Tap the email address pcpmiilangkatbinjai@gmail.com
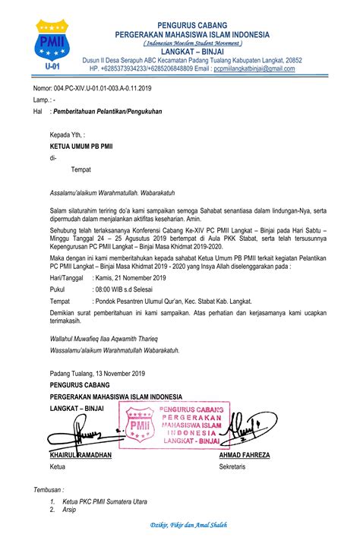[254, 68]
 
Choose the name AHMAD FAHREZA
[244, 454]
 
